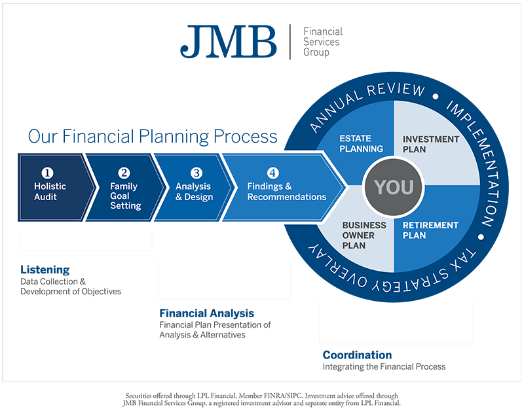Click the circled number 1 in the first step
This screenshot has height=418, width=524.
click(x=47, y=173)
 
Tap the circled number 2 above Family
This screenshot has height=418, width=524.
click(x=124, y=173)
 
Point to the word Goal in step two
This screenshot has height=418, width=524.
click(x=121, y=196)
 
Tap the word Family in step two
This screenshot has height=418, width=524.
click(x=124, y=186)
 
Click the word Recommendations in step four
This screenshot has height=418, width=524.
click(x=286, y=196)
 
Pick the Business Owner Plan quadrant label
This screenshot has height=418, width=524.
click(x=364, y=235)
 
